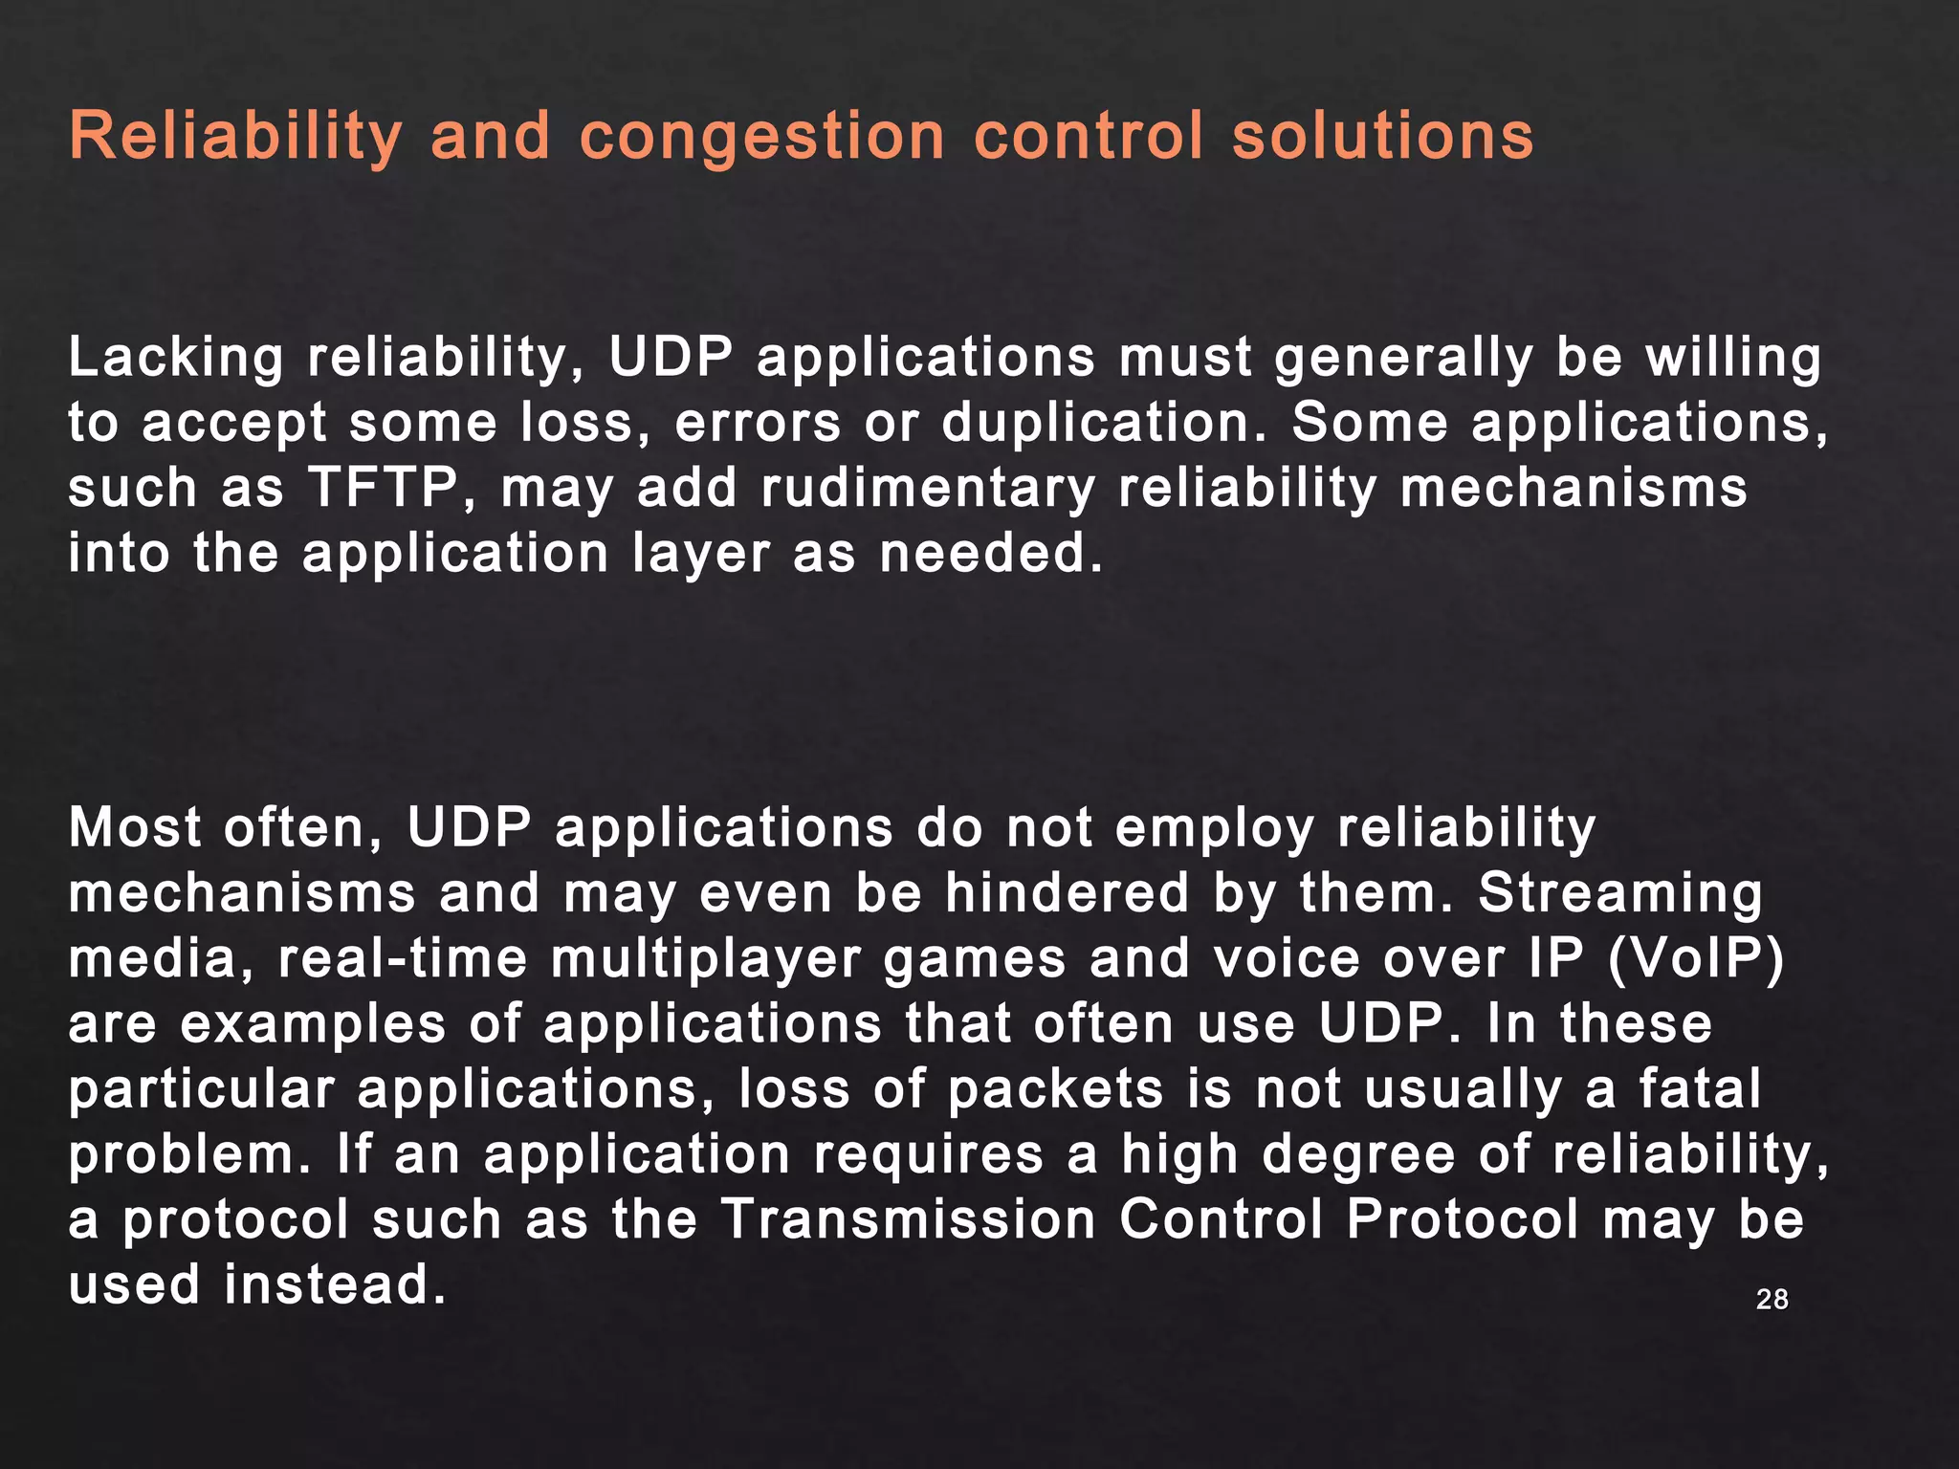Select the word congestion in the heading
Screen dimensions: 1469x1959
click(x=762, y=138)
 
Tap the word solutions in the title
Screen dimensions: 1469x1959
click(x=1383, y=136)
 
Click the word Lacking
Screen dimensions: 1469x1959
click(x=176, y=359)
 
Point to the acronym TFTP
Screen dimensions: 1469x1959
click(x=383, y=488)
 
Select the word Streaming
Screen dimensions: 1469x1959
click(x=1619, y=893)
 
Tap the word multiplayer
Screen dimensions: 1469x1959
click(x=706, y=959)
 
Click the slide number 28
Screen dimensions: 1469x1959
click(x=1772, y=1299)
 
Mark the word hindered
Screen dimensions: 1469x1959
click(x=1067, y=893)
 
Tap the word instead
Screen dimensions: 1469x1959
click(x=335, y=1284)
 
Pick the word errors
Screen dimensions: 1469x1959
click(x=758, y=424)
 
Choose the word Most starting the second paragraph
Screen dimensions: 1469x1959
click(x=135, y=827)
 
